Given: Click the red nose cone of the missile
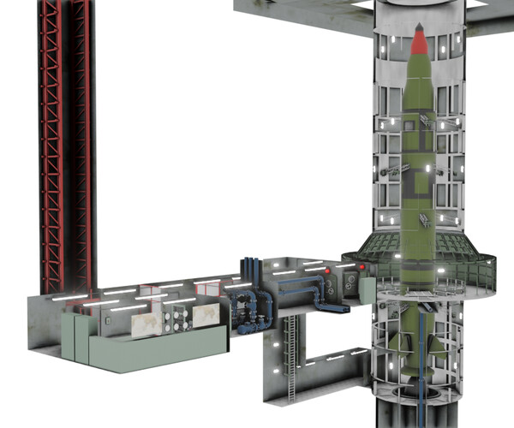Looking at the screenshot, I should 419,39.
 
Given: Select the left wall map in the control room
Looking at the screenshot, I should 147,322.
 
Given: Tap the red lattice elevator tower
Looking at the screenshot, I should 65,146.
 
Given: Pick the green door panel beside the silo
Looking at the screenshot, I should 368,291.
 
